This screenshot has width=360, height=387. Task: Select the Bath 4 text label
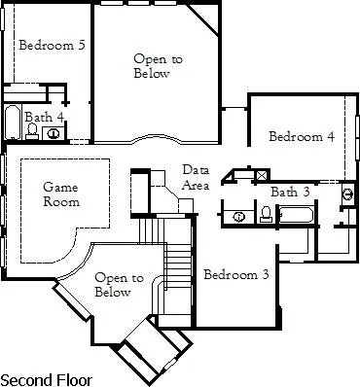point(45,117)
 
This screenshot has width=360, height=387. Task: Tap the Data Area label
point(196,178)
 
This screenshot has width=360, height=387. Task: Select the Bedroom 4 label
point(302,137)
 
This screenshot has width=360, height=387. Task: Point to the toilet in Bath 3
point(266,214)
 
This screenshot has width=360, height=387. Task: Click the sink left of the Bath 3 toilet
point(239,215)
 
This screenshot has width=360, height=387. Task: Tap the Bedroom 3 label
point(235,275)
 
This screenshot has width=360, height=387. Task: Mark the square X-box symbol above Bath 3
point(261,176)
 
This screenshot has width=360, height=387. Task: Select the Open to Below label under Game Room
point(113,285)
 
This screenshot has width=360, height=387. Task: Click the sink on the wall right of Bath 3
point(347,194)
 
